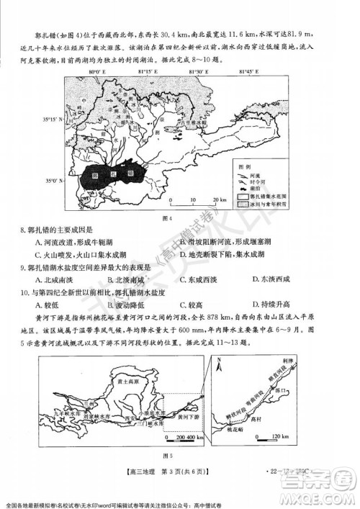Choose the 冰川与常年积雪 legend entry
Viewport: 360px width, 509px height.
271,205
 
